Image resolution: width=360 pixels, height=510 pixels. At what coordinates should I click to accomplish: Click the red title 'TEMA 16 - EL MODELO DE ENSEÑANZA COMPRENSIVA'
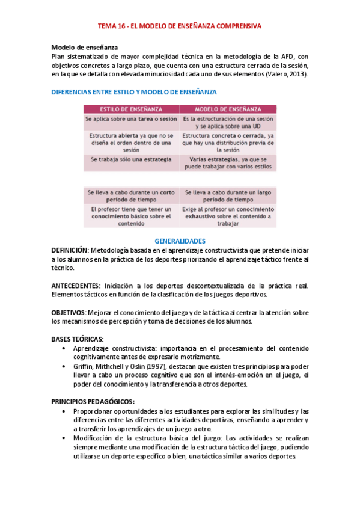coord(180,26)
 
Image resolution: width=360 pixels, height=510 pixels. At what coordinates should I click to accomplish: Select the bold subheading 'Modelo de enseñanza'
coord(85,47)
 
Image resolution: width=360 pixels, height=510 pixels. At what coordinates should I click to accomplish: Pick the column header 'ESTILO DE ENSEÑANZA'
coord(131,109)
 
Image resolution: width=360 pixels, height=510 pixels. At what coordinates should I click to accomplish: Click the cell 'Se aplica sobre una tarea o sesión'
coord(131,119)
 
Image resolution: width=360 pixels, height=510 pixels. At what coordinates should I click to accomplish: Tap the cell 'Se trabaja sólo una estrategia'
coord(131,159)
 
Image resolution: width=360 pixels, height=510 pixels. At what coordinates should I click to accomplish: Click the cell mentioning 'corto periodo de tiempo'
coord(131,195)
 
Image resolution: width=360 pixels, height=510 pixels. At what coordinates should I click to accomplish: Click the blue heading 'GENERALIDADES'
coord(180,241)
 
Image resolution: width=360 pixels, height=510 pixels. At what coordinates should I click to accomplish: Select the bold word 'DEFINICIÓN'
coord(70,249)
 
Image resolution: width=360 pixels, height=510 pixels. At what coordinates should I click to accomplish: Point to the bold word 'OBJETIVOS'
coord(69,312)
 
